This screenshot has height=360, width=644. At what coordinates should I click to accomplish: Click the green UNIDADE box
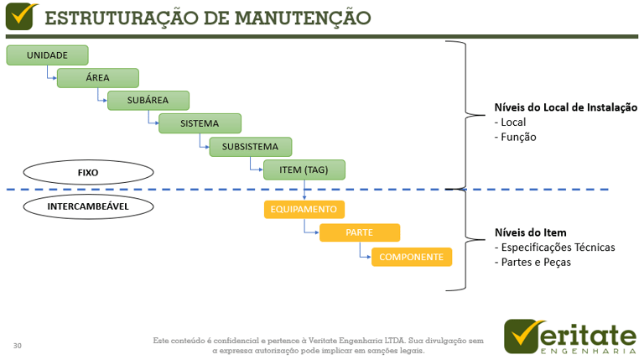pos(47,55)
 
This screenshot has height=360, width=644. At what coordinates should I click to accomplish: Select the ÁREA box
pos(97,78)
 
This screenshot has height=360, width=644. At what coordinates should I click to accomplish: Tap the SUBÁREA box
pos(148,101)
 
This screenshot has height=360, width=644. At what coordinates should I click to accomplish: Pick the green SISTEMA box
pos(200,123)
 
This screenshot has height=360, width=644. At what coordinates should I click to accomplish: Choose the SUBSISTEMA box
pos(250,147)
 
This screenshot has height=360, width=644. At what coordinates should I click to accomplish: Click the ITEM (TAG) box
pos(304,170)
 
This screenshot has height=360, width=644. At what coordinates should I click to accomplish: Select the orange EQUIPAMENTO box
pos(304,209)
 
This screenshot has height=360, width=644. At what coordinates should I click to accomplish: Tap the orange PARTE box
pos(359,232)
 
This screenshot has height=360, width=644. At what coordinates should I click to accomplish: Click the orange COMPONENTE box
pos(411,257)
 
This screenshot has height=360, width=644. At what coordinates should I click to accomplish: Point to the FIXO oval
pos(88,173)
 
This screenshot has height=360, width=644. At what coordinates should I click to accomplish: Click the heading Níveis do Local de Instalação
pos(566,107)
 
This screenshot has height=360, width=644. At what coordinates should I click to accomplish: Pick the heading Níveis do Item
pos(531,232)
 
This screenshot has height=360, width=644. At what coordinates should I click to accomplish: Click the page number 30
pos(18,346)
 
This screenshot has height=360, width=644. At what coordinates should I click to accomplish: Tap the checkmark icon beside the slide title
pos(21,16)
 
